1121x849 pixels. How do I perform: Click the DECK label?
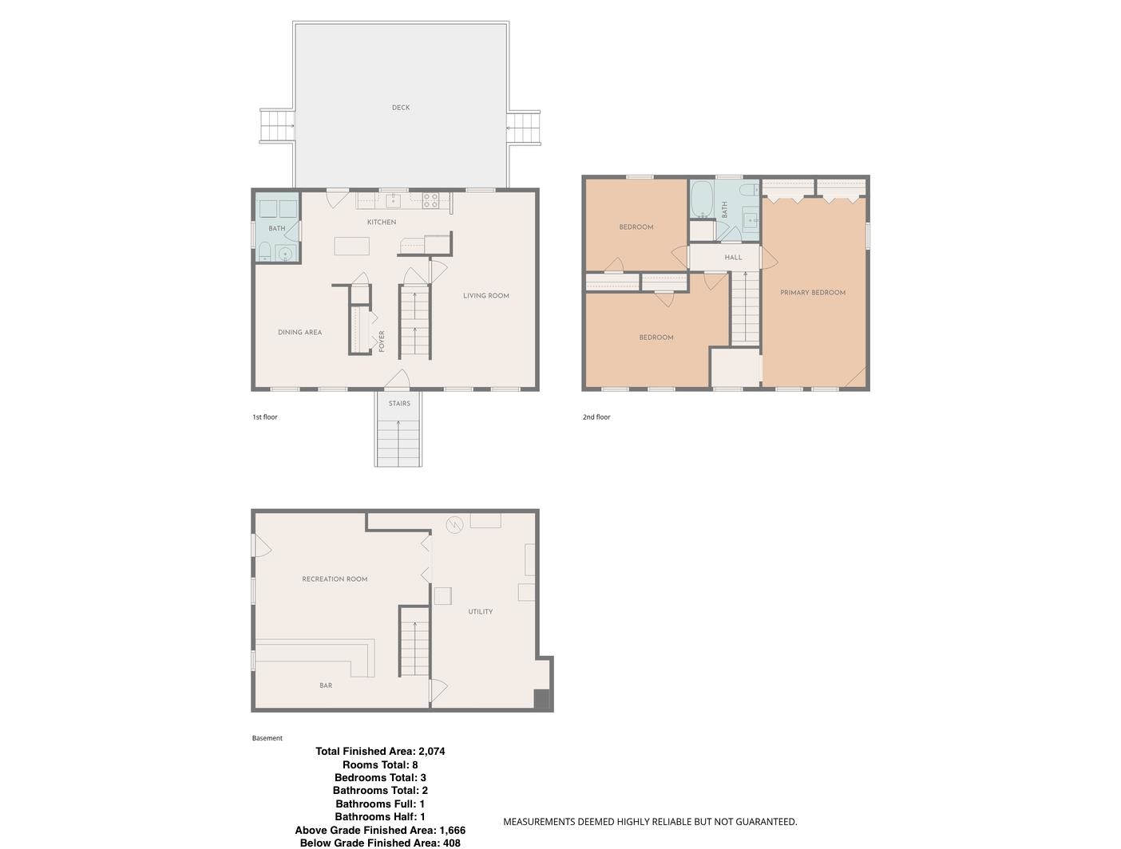[401, 108]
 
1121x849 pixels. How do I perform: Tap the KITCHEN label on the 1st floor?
[382, 223]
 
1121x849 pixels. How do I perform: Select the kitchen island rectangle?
[351, 246]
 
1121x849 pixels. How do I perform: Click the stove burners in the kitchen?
[430, 200]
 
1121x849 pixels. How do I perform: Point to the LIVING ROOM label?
[485, 296]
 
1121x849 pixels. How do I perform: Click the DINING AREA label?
[299, 333]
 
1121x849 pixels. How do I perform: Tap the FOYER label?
[382, 341]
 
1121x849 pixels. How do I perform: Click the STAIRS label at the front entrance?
[399, 404]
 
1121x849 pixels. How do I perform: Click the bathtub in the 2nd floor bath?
[701, 199]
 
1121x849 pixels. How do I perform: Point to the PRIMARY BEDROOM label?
[812, 293]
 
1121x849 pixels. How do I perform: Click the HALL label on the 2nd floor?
[733, 258]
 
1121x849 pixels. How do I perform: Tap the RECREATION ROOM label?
[335, 579]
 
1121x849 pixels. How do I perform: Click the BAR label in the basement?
[326, 685]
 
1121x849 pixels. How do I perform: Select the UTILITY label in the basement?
[480, 612]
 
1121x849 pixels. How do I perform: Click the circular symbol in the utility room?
[454, 524]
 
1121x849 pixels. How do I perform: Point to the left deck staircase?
[277, 126]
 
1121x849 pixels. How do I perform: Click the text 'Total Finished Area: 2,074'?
[380, 751]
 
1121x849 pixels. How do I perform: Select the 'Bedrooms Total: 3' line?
[380, 777]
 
